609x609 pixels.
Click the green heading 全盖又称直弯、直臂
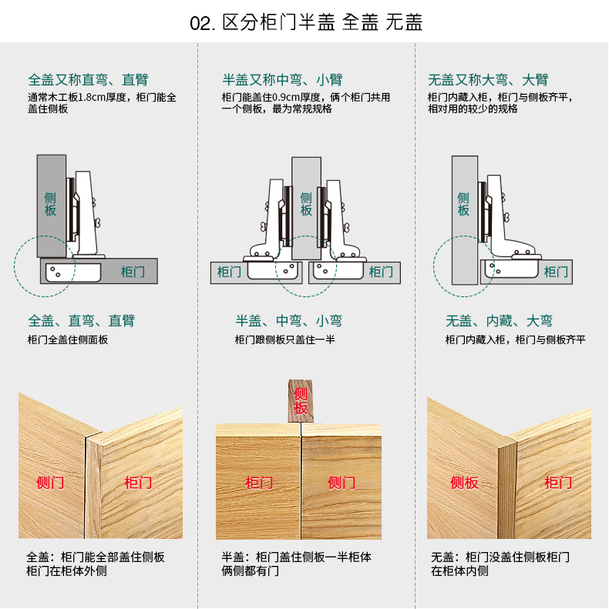(88, 79)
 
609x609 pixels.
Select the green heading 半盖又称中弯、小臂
(283, 79)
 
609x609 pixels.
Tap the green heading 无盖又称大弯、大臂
(488, 79)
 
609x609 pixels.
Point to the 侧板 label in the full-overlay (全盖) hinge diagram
(50, 204)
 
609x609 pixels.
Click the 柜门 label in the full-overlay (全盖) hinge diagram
(133, 272)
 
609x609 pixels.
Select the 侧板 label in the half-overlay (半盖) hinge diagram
(306, 204)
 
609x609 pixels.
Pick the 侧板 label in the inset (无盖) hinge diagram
(463, 204)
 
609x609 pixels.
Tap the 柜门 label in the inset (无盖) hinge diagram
(556, 272)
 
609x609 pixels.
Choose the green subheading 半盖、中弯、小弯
(289, 321)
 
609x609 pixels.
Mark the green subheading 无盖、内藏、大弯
(499, 321)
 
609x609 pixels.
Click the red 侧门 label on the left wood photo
(51, 483)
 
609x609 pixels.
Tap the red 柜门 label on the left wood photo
(139, 483)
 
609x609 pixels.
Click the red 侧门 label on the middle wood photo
(342, 483)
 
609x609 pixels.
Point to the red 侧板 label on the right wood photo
(465, 483)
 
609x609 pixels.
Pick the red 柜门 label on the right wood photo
(558, 483)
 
